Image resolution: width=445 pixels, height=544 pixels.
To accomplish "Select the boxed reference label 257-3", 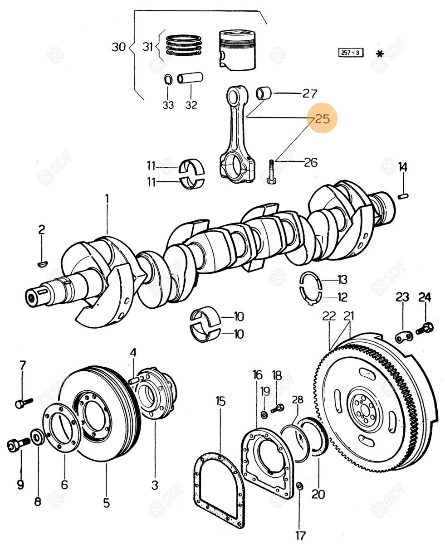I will [x=351, y=53].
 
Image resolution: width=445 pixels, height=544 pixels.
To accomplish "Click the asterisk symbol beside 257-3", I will [x=380, y=53].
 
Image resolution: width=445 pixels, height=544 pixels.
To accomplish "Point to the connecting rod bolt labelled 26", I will [x=271, y=171].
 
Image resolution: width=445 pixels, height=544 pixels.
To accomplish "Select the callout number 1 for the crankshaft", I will [x=107, y=199].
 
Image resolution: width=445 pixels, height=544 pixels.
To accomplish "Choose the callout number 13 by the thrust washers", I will [x=342, y=279].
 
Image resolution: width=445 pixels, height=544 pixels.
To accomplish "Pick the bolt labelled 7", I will [x=24, y=402].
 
